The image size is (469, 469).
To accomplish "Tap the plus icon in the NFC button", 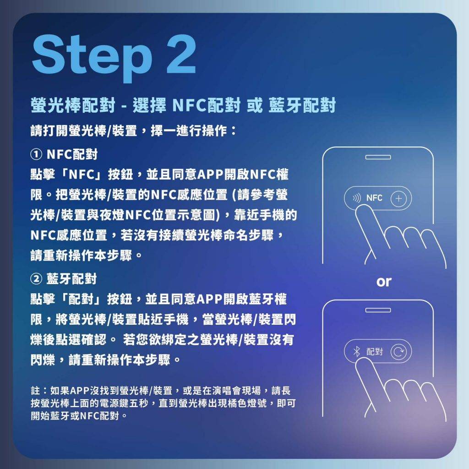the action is click(x=399, y=198).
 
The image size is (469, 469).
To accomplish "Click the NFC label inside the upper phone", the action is click(x=374, y=198).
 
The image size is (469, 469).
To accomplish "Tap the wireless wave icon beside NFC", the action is click(x=356, y=198).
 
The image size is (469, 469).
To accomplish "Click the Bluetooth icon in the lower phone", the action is click(x=356, y=351).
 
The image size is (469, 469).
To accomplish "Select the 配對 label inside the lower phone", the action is click(x=375, y=351).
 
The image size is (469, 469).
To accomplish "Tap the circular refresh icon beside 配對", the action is click(x=399, y=351).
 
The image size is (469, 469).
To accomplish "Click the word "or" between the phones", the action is click(x=384, y=282).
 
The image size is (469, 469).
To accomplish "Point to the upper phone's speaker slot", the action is click(x=378, y=158).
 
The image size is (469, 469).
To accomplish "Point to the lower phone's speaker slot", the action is click(x=378, y=310).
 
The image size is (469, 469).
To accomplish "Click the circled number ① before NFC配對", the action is click(x=36, y=155).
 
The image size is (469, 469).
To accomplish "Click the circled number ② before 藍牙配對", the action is click(x=36, y=279).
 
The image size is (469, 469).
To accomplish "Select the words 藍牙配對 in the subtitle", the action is click(x=302, y=105).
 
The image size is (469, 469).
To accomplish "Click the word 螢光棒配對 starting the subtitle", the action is click(x=73, y=105).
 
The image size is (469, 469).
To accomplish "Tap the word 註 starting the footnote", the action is click(x=35, y=391).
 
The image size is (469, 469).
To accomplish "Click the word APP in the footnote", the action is click(x=80, y=391).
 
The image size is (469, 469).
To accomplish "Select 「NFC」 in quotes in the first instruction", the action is click(x=82, y=175).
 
